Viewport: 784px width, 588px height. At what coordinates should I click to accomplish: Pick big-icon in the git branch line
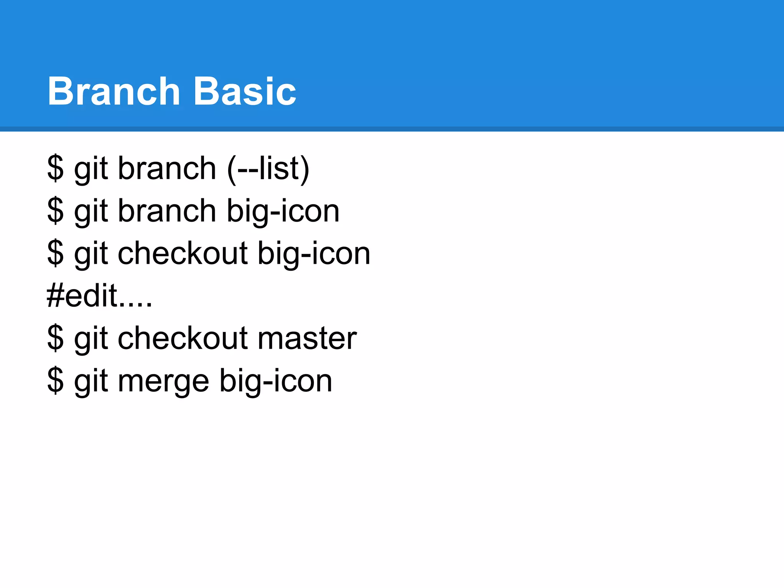click(x=283, y=211)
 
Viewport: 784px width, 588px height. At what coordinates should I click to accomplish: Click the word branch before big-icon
click(x=167, y=211)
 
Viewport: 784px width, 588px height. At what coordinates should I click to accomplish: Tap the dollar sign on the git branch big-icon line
click(x=55, y=211)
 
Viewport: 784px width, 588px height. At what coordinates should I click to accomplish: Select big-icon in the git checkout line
click(x=314, y=254)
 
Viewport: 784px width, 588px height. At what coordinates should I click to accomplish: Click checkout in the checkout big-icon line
click(x=183, y=254)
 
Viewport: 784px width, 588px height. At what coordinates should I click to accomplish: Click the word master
click(x=307, y=338)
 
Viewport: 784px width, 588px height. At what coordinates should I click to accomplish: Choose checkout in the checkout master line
click(x=183, y=338)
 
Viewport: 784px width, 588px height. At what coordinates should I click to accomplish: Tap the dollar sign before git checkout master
click(x=55, y=338)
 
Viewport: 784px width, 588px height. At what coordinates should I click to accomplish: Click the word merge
click(x=163, y=381)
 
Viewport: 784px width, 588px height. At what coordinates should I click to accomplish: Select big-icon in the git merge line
click(x=276, y=381)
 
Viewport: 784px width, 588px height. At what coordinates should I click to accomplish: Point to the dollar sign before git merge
click(x=55, y=381)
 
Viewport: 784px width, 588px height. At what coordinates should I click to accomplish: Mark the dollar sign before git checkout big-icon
click(x=55, y=254)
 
